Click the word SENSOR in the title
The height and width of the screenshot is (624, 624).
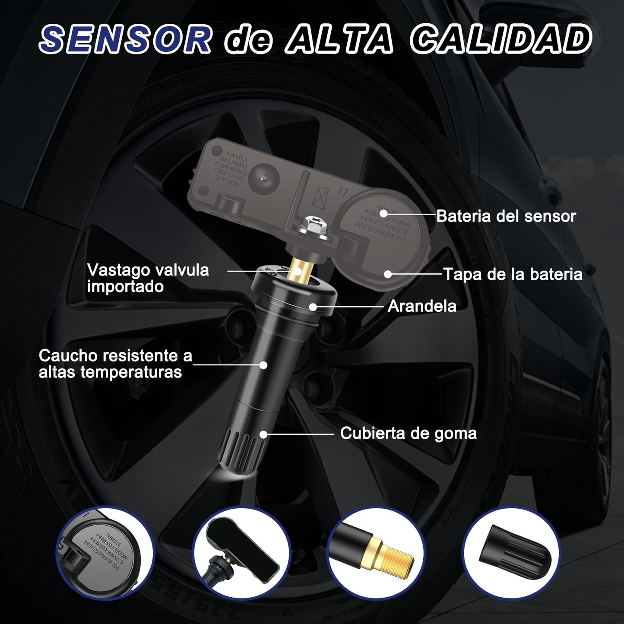[125, 39]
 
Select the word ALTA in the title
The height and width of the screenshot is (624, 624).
[339, 39]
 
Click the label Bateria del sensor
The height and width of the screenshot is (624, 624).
[506, 216]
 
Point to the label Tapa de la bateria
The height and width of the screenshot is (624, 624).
[513, 275]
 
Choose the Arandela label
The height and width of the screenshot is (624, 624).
[422, 306]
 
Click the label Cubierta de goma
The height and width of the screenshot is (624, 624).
[408, 433]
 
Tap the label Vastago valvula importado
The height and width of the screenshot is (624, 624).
[148, 278]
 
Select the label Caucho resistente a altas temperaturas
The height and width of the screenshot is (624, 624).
[115, 364]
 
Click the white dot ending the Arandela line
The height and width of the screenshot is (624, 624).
[313, 307]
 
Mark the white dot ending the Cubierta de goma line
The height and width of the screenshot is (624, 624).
[263, 434]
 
